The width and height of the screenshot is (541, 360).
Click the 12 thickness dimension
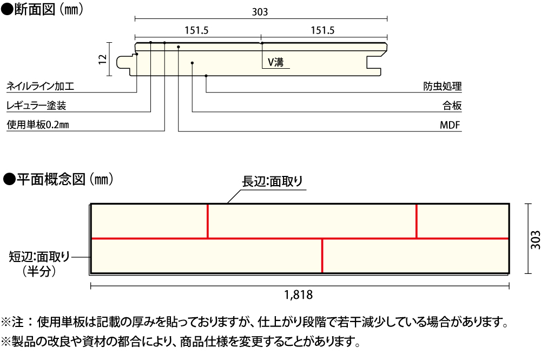click(x=103, y=60)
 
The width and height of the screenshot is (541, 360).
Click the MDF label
click(x=450, y=126)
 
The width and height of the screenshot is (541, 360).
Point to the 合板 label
click(x=451, y=106)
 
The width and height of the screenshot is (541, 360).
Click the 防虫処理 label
click(x=442, y=86)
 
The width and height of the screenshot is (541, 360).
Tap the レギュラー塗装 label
click(x=36, y=106)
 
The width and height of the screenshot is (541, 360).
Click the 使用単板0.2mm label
click(x=37, y=126)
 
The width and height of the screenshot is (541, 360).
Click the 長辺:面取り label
click(x=273, y=182)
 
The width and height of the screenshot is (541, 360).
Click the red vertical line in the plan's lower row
click(x=322, y=256)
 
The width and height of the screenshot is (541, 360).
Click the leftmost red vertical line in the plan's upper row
click(x=208, y=221)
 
